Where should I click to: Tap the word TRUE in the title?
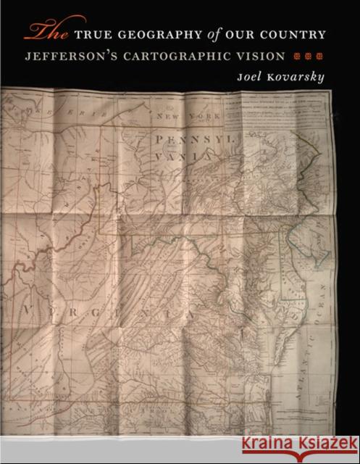[x=90, y=34]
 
